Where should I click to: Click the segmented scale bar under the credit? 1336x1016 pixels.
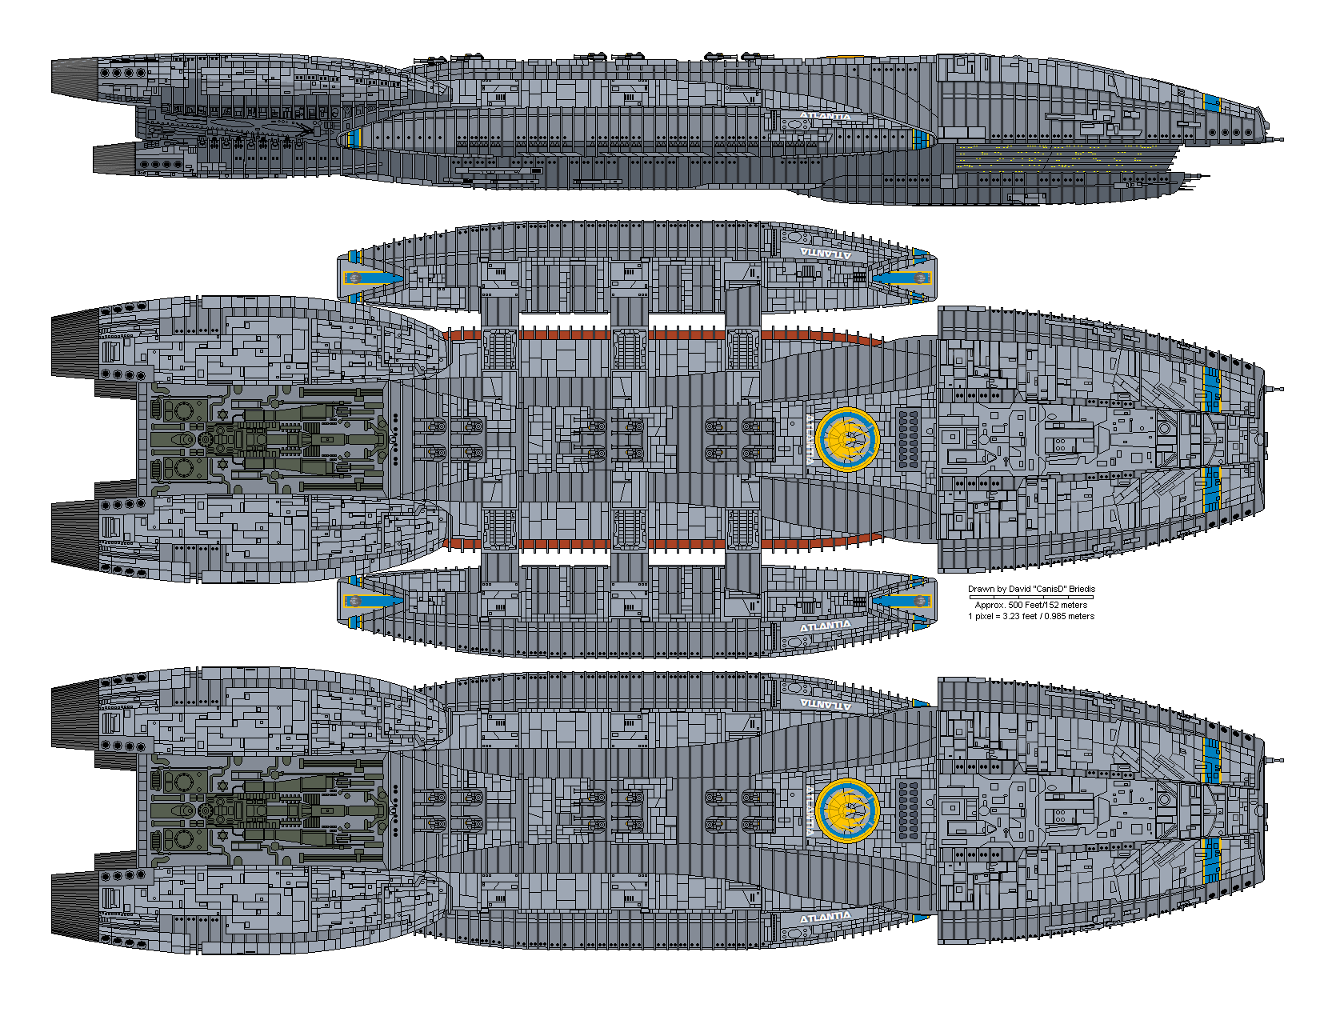(1031, 597)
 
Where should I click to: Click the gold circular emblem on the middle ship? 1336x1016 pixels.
(848, 438)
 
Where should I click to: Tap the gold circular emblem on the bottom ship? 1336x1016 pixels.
(848, 810)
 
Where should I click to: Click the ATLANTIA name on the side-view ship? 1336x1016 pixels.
(825, 117)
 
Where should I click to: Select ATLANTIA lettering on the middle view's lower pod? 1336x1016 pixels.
(826, 625)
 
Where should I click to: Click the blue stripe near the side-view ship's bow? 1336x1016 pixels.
(1211, 103)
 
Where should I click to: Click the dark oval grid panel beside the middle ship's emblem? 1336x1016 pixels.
(908, 438)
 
